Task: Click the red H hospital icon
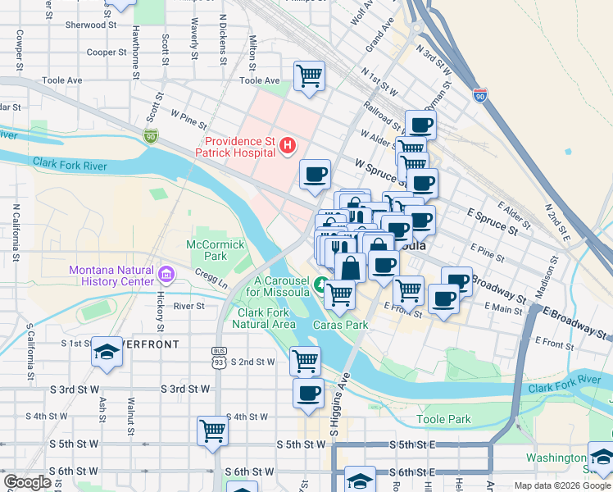tap(288, 146)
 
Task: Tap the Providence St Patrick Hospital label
tap(234, 146)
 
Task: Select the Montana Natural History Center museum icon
tap(166, 273)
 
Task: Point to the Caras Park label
tap(340, 325)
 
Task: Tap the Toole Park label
tap(443, 419)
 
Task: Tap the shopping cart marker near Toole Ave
tap(309, 77)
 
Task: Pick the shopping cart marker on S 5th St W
tap(212, 430)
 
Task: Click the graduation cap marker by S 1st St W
tap(107, 353)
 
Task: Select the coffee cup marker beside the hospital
tap(315, 174)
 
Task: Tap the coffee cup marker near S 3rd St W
tap(308, 394)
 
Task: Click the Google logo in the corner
tap(27, 482)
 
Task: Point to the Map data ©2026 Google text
tap(561, 485)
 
